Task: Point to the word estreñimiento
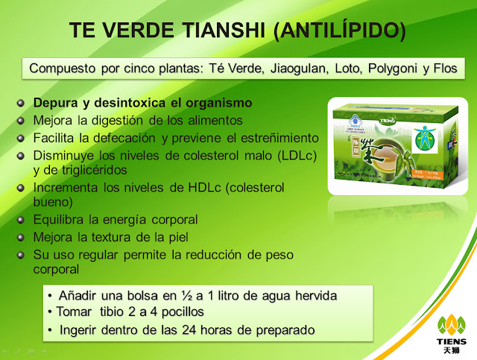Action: click(x=256, y=138)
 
